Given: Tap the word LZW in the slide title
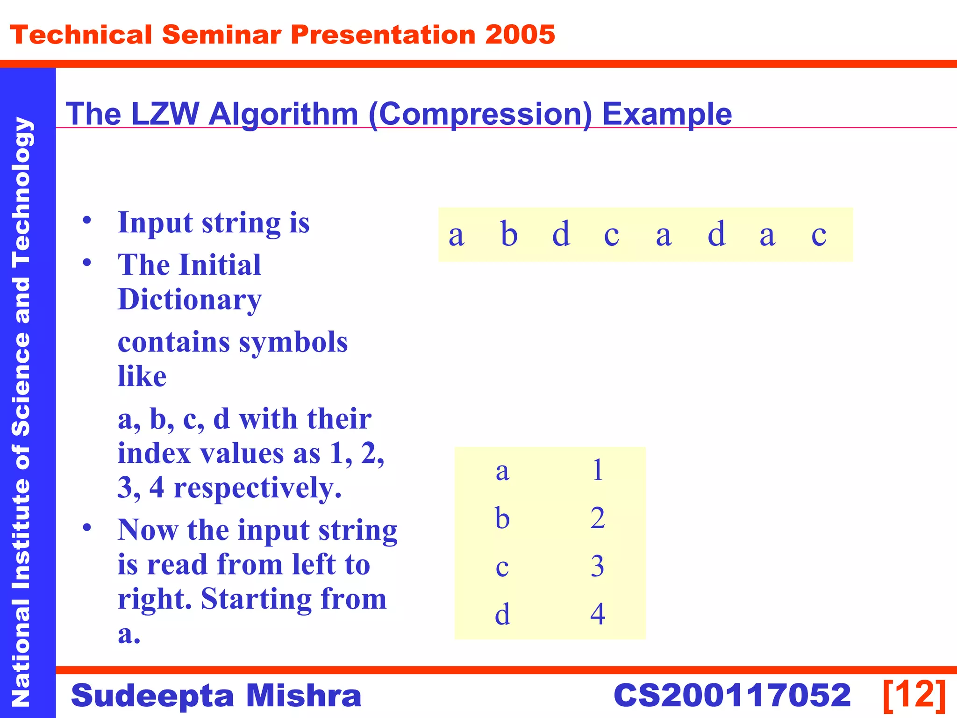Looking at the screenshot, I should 165,114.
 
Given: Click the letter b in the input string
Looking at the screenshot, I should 509,234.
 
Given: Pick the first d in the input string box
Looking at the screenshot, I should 561,234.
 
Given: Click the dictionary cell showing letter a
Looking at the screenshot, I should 502,472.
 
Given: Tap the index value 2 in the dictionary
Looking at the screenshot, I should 598,518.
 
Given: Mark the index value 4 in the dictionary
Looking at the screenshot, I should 598,614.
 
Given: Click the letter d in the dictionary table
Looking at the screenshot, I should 502,614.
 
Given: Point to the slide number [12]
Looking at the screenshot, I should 914,695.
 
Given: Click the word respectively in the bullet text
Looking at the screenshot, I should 257,488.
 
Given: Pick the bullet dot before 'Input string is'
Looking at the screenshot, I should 87,220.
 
